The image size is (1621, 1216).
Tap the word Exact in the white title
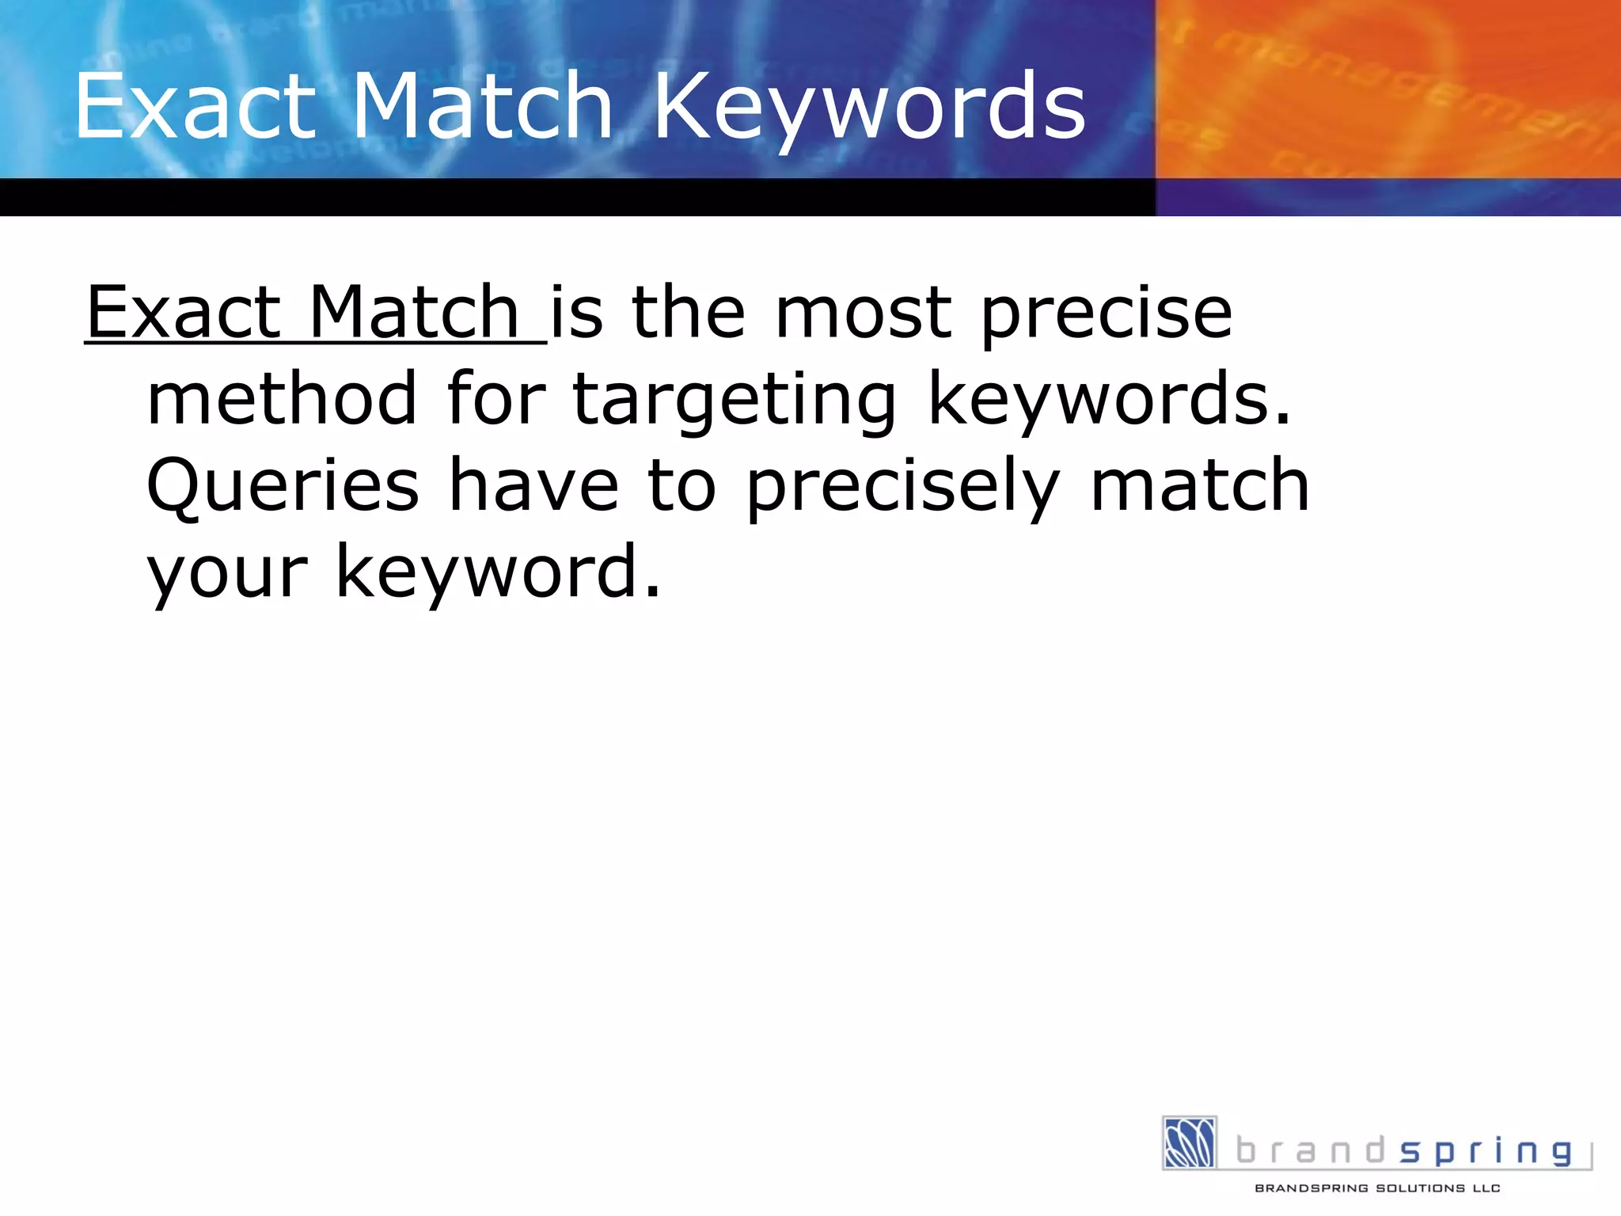[195, 107]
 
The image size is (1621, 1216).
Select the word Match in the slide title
[482, 107]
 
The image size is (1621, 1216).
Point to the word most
[864, 313]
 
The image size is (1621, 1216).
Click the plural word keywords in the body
[1108, 400]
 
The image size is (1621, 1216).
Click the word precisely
[903, 487]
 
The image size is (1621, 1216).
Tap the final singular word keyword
[499, 572]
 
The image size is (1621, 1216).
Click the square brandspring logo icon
[1189, 1142]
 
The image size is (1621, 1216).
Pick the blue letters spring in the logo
[1486, 1151]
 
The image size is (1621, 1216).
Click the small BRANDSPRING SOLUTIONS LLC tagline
[1377, 1188]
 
